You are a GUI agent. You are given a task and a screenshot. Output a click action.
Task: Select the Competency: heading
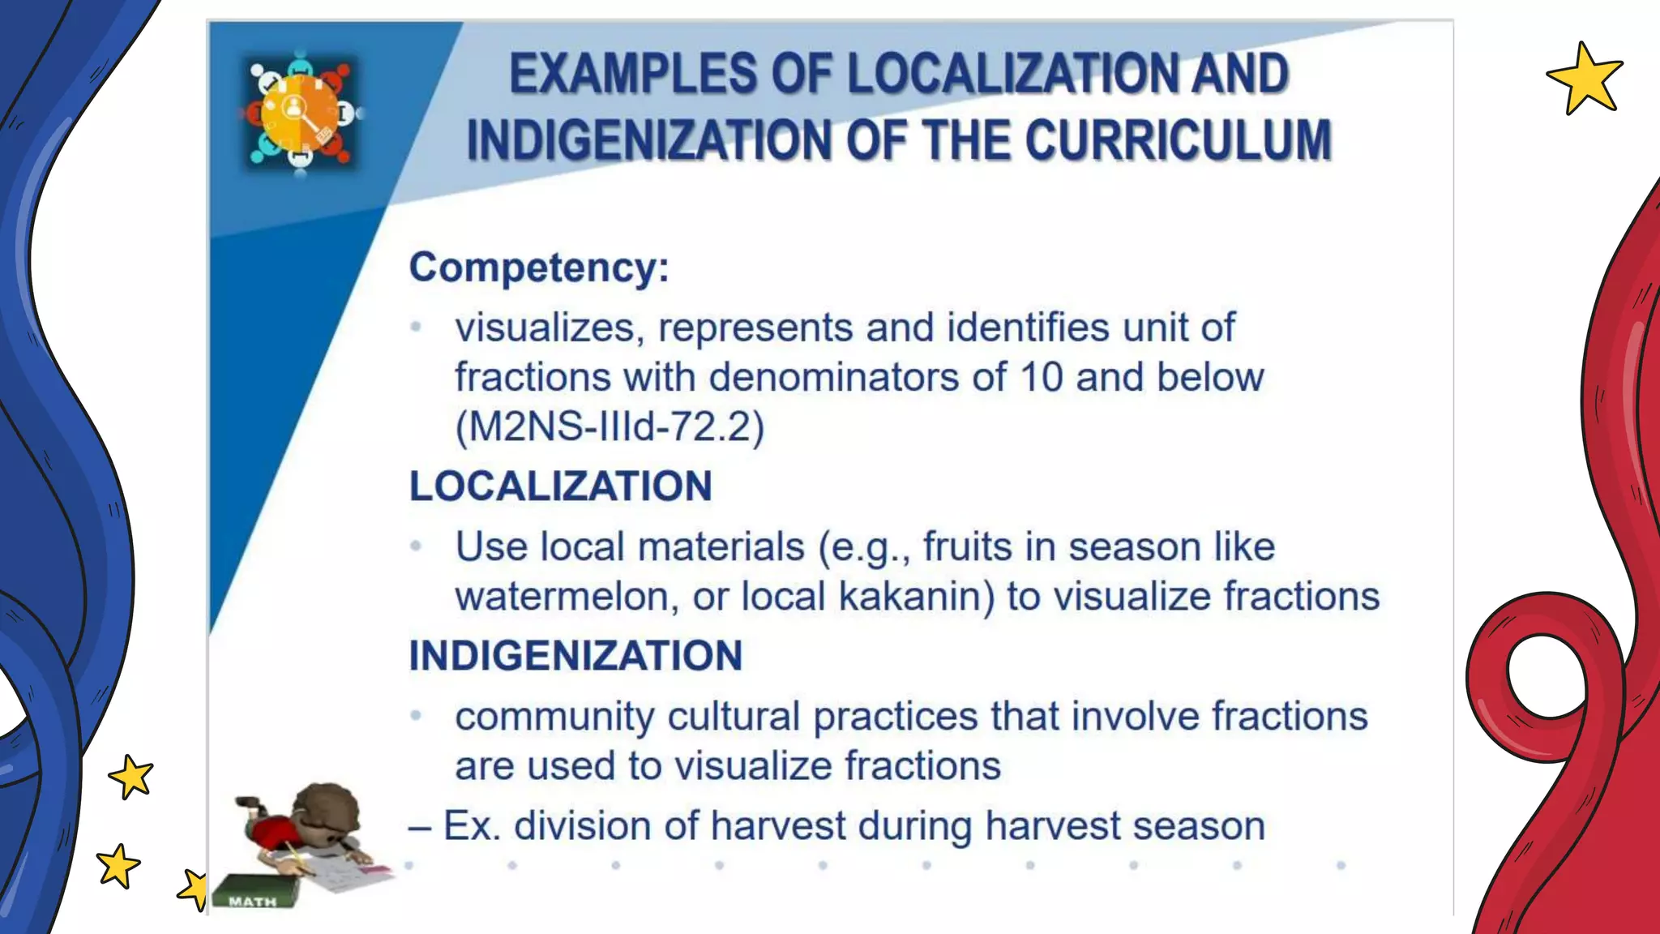pos(539,267)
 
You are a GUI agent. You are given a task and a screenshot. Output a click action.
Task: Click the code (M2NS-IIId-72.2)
pos(610,426)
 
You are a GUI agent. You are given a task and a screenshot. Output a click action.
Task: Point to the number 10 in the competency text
pos(1041,377)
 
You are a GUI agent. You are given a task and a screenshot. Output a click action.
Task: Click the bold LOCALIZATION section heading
pos(560,486)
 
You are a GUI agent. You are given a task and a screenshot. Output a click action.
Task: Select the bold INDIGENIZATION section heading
pos(575,655)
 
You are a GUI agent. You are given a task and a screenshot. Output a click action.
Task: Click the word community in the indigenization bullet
pos(554,717)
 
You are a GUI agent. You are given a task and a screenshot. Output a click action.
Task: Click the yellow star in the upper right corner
pos(1584,79)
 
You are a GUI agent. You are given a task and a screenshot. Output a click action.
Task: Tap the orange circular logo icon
pos(299,114)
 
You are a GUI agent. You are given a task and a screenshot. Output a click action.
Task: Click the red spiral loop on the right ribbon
pos(1544,677)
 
